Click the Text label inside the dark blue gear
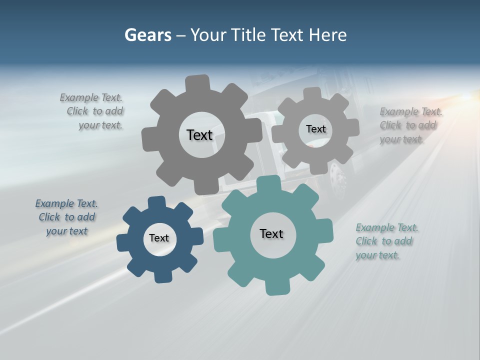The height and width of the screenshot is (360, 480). tap(159, 238)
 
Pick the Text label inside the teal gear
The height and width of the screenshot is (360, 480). tap(271, 233)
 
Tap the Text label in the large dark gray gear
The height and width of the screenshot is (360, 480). tap(199, 135)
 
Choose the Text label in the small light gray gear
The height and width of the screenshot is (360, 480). tap(315, 129)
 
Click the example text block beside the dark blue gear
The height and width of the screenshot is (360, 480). tap(66, 217)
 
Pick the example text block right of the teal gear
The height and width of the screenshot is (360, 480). tap(386, 241)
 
